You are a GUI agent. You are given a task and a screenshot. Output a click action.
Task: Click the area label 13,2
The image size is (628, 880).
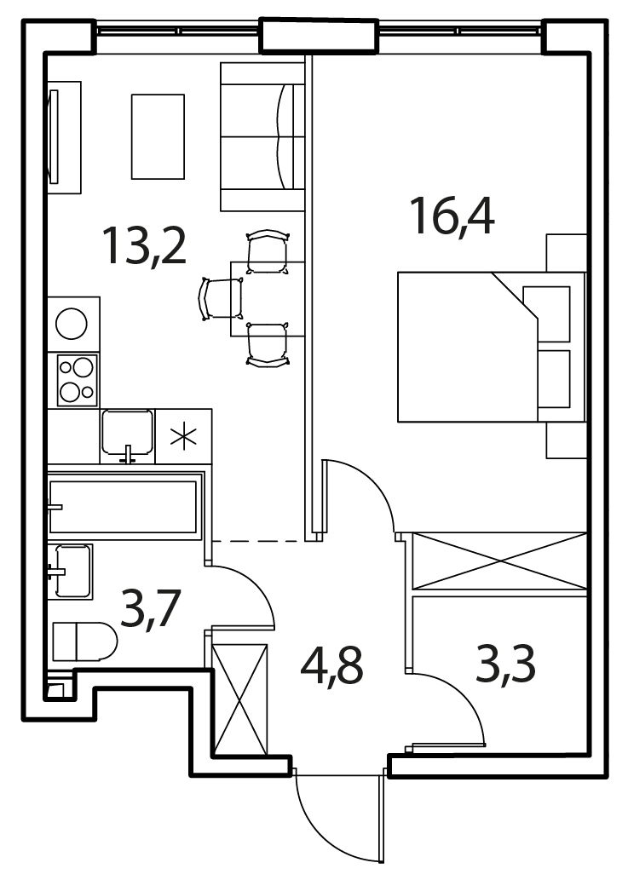coord(144,246)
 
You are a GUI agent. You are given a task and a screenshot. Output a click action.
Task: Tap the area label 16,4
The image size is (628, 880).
coord(452,216)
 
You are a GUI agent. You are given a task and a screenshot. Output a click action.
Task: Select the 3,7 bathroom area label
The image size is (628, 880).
coord(151,610)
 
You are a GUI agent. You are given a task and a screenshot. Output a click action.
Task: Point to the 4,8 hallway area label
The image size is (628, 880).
coord(332,666)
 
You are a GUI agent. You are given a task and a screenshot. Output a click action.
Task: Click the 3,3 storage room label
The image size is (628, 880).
coord(505,664)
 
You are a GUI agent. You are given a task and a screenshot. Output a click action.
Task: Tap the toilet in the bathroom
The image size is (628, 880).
coord(84,641)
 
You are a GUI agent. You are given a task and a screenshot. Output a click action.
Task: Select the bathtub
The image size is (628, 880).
coord(124,506)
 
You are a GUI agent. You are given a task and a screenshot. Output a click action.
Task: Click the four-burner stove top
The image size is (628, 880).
coord(77,380)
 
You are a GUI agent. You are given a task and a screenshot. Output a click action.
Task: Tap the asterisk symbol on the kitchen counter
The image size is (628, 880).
coord(183,437)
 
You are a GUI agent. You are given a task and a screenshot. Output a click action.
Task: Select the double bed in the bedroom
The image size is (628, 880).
coord(492,347)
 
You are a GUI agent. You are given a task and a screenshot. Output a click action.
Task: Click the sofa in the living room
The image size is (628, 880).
coord(262,136)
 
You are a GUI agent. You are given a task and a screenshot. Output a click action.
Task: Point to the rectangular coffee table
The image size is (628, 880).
coord(158,136)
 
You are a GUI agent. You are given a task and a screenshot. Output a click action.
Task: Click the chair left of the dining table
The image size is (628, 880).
coord(222,298)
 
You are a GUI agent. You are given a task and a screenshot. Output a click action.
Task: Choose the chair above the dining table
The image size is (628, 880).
coord(268,251)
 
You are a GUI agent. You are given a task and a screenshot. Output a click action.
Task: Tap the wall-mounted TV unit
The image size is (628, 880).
coord(64,137)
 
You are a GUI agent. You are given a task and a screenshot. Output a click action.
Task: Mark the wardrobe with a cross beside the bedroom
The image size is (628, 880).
coord(499,561)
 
